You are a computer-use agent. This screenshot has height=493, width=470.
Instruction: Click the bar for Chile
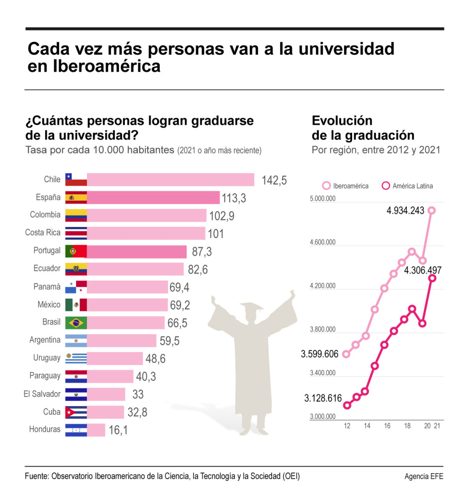point(171,180)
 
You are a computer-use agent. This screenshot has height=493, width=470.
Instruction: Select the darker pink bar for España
point(153,198)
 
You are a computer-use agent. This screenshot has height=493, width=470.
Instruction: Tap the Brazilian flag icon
point(76,323)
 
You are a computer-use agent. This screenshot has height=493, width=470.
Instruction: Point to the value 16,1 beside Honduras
point(118,430)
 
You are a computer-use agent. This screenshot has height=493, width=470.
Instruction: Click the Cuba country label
point(52,412)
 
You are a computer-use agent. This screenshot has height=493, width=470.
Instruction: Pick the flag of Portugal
point(76,251)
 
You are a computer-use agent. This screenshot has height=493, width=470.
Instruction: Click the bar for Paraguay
point(110,376)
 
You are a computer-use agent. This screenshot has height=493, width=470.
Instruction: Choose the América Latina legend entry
point(407,186)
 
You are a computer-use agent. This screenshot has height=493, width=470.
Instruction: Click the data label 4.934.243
point(405,210)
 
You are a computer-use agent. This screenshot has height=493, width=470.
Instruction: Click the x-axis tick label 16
point(387,426)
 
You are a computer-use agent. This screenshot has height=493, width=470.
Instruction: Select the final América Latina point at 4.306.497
point(433,278)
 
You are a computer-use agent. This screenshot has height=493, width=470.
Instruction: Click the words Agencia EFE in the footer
point(424,477)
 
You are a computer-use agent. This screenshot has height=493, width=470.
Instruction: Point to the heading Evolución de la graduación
point(363,128)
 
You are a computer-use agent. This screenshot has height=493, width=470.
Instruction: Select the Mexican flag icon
point(76,305)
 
